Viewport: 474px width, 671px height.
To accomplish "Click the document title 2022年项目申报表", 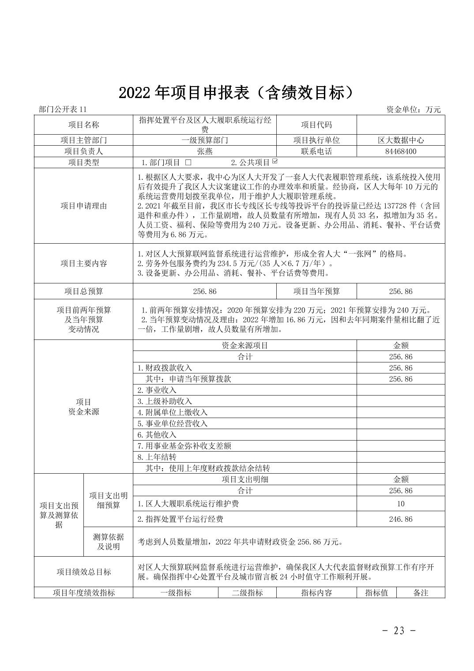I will tap(237, 92).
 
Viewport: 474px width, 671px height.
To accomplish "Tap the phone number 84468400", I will tap(400, 151).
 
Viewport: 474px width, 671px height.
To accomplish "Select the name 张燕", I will tap(204, 151).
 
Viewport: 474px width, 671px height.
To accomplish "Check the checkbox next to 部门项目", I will tap(188, 162).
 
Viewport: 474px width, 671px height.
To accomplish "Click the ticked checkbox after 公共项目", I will tap(275, 161).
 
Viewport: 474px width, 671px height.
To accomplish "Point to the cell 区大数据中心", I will tap(400, 140).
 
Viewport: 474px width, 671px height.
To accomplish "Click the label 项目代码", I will tap(316, 125).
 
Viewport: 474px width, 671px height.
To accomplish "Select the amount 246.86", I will tap(400, 519).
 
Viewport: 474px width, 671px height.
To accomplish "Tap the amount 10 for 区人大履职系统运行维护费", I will tap(400, 504).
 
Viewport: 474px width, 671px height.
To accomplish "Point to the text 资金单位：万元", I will tap(413, 110).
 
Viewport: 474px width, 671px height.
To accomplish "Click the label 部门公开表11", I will tap(63, 110).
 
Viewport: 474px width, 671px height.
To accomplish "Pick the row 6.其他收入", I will tap(157, 435).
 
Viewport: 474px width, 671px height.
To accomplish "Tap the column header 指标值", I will tap(376, 593).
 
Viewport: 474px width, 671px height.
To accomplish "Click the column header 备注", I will tap(421, 593).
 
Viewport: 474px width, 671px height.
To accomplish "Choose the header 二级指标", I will tap(247, 593).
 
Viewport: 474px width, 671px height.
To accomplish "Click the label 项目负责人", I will tap(83, 151).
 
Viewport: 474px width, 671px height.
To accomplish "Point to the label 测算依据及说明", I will tap(108, 542).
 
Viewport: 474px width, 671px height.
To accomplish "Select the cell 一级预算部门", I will tap(204, 140).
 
